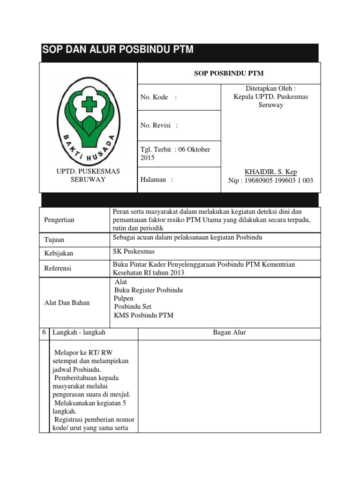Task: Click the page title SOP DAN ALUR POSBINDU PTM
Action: [118, 50]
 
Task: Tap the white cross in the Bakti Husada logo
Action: [89, 104]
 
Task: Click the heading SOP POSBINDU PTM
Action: [228, 73]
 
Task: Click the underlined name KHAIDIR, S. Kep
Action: [271, 172]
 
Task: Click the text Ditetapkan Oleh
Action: [270, 88]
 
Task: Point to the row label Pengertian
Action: [59, 220]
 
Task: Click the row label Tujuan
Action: [54, 240]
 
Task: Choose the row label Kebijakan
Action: [59, 253]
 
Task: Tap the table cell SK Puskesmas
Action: [134, 251]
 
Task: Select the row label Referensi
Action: [58, 269]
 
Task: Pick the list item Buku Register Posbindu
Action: [149, 290]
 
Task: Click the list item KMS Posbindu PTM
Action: [143, 315]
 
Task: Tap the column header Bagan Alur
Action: [229, 332]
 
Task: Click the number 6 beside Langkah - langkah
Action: [44, 332]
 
